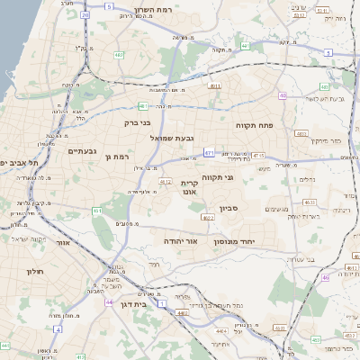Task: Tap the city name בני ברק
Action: coord(138,121)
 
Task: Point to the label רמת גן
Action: coord(118,157)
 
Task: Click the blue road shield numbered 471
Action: coord(209,153)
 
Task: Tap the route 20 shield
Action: coord(85,15)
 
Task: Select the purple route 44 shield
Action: coord(109,301)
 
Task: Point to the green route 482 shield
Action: coord(119,56)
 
